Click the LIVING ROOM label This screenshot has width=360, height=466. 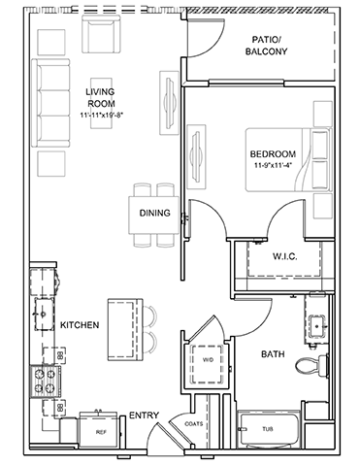pyautogui.click(x=100, y=98)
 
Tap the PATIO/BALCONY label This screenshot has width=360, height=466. pyautogui.click(x=266, y=46)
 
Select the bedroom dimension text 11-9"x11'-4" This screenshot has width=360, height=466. pyautogui.click(x=274, y=165)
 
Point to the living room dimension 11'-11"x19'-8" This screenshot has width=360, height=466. pyautogui.click(x=102, y=115)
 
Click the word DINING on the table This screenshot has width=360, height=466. pyautogui.click(x=154, y=213)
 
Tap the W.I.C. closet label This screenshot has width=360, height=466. pyautogui.click(x=285, y=256)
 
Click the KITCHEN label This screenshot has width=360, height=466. pyautogui.click(x=80, y=324)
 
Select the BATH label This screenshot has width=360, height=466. pyautogui.click(x=273, y=354)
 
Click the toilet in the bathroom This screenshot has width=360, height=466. pyautogui.click(x=312, y=366)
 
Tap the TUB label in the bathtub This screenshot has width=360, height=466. pyautogui.click(x=268, y=429)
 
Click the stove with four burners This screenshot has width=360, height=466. pyautogui.click(x=45, y=382)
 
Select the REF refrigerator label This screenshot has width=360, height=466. pyautogui.click(x=101, y=432)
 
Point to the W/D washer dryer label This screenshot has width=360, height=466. pyautogui.click(x=208, y=360)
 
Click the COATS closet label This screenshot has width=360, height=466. pyautogui.click(x=194, y=423)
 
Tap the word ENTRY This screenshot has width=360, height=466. pyautogui.click(x=144, y=416)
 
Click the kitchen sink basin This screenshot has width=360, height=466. pyautogui.click(x=45, y=314)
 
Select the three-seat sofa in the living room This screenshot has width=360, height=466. pyautogui.click(x=50, y=103)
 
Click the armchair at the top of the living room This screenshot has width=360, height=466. pyautogui.click(x=101, y=34)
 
